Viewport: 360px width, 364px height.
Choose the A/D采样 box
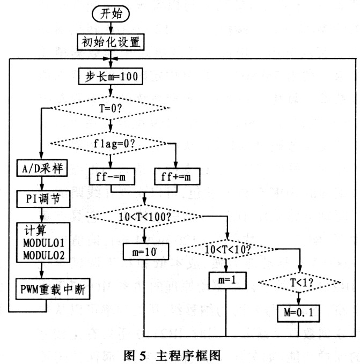pyautogui.click(x=41, y=170)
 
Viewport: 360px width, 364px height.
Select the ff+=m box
pyautogui.click(x=175, y=176)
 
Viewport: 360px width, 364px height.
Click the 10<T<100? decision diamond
pyautogui.click(x=144, y=216)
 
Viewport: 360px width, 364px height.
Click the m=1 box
pyautogui.click(x=225, y=280)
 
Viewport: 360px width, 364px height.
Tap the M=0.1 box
pyautogui.click(x=298, y=313)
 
